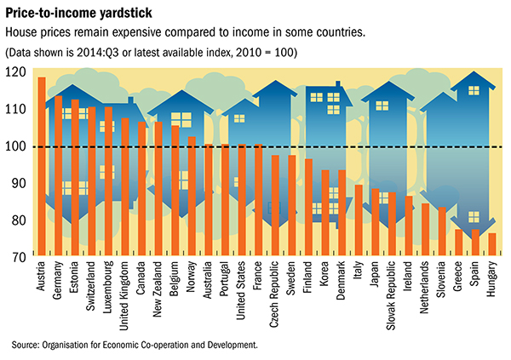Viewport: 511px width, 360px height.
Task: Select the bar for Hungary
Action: [x=491, y=244]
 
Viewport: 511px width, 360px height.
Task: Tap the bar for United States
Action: [x=242, y=200]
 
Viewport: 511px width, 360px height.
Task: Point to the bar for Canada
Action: [x=141, y=187]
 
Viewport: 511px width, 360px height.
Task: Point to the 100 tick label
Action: [x=14, y=146]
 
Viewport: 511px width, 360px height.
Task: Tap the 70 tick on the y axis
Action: [x=16, y=255]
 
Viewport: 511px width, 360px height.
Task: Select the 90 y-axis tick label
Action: [x=16, y=183]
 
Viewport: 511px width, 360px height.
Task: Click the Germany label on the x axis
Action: [x=59, y=281]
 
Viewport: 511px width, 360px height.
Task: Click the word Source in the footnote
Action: [x=26, y=345]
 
